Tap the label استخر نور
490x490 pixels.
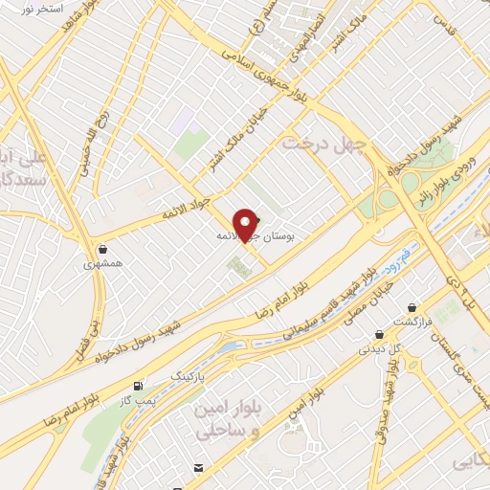[x=40, y=8]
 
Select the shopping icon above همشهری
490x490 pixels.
[x=102, y=249]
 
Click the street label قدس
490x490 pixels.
[x=441, y=18]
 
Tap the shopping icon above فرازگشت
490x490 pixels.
[x=412, y=308]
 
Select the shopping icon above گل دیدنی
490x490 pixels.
[x=380, y=336]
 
